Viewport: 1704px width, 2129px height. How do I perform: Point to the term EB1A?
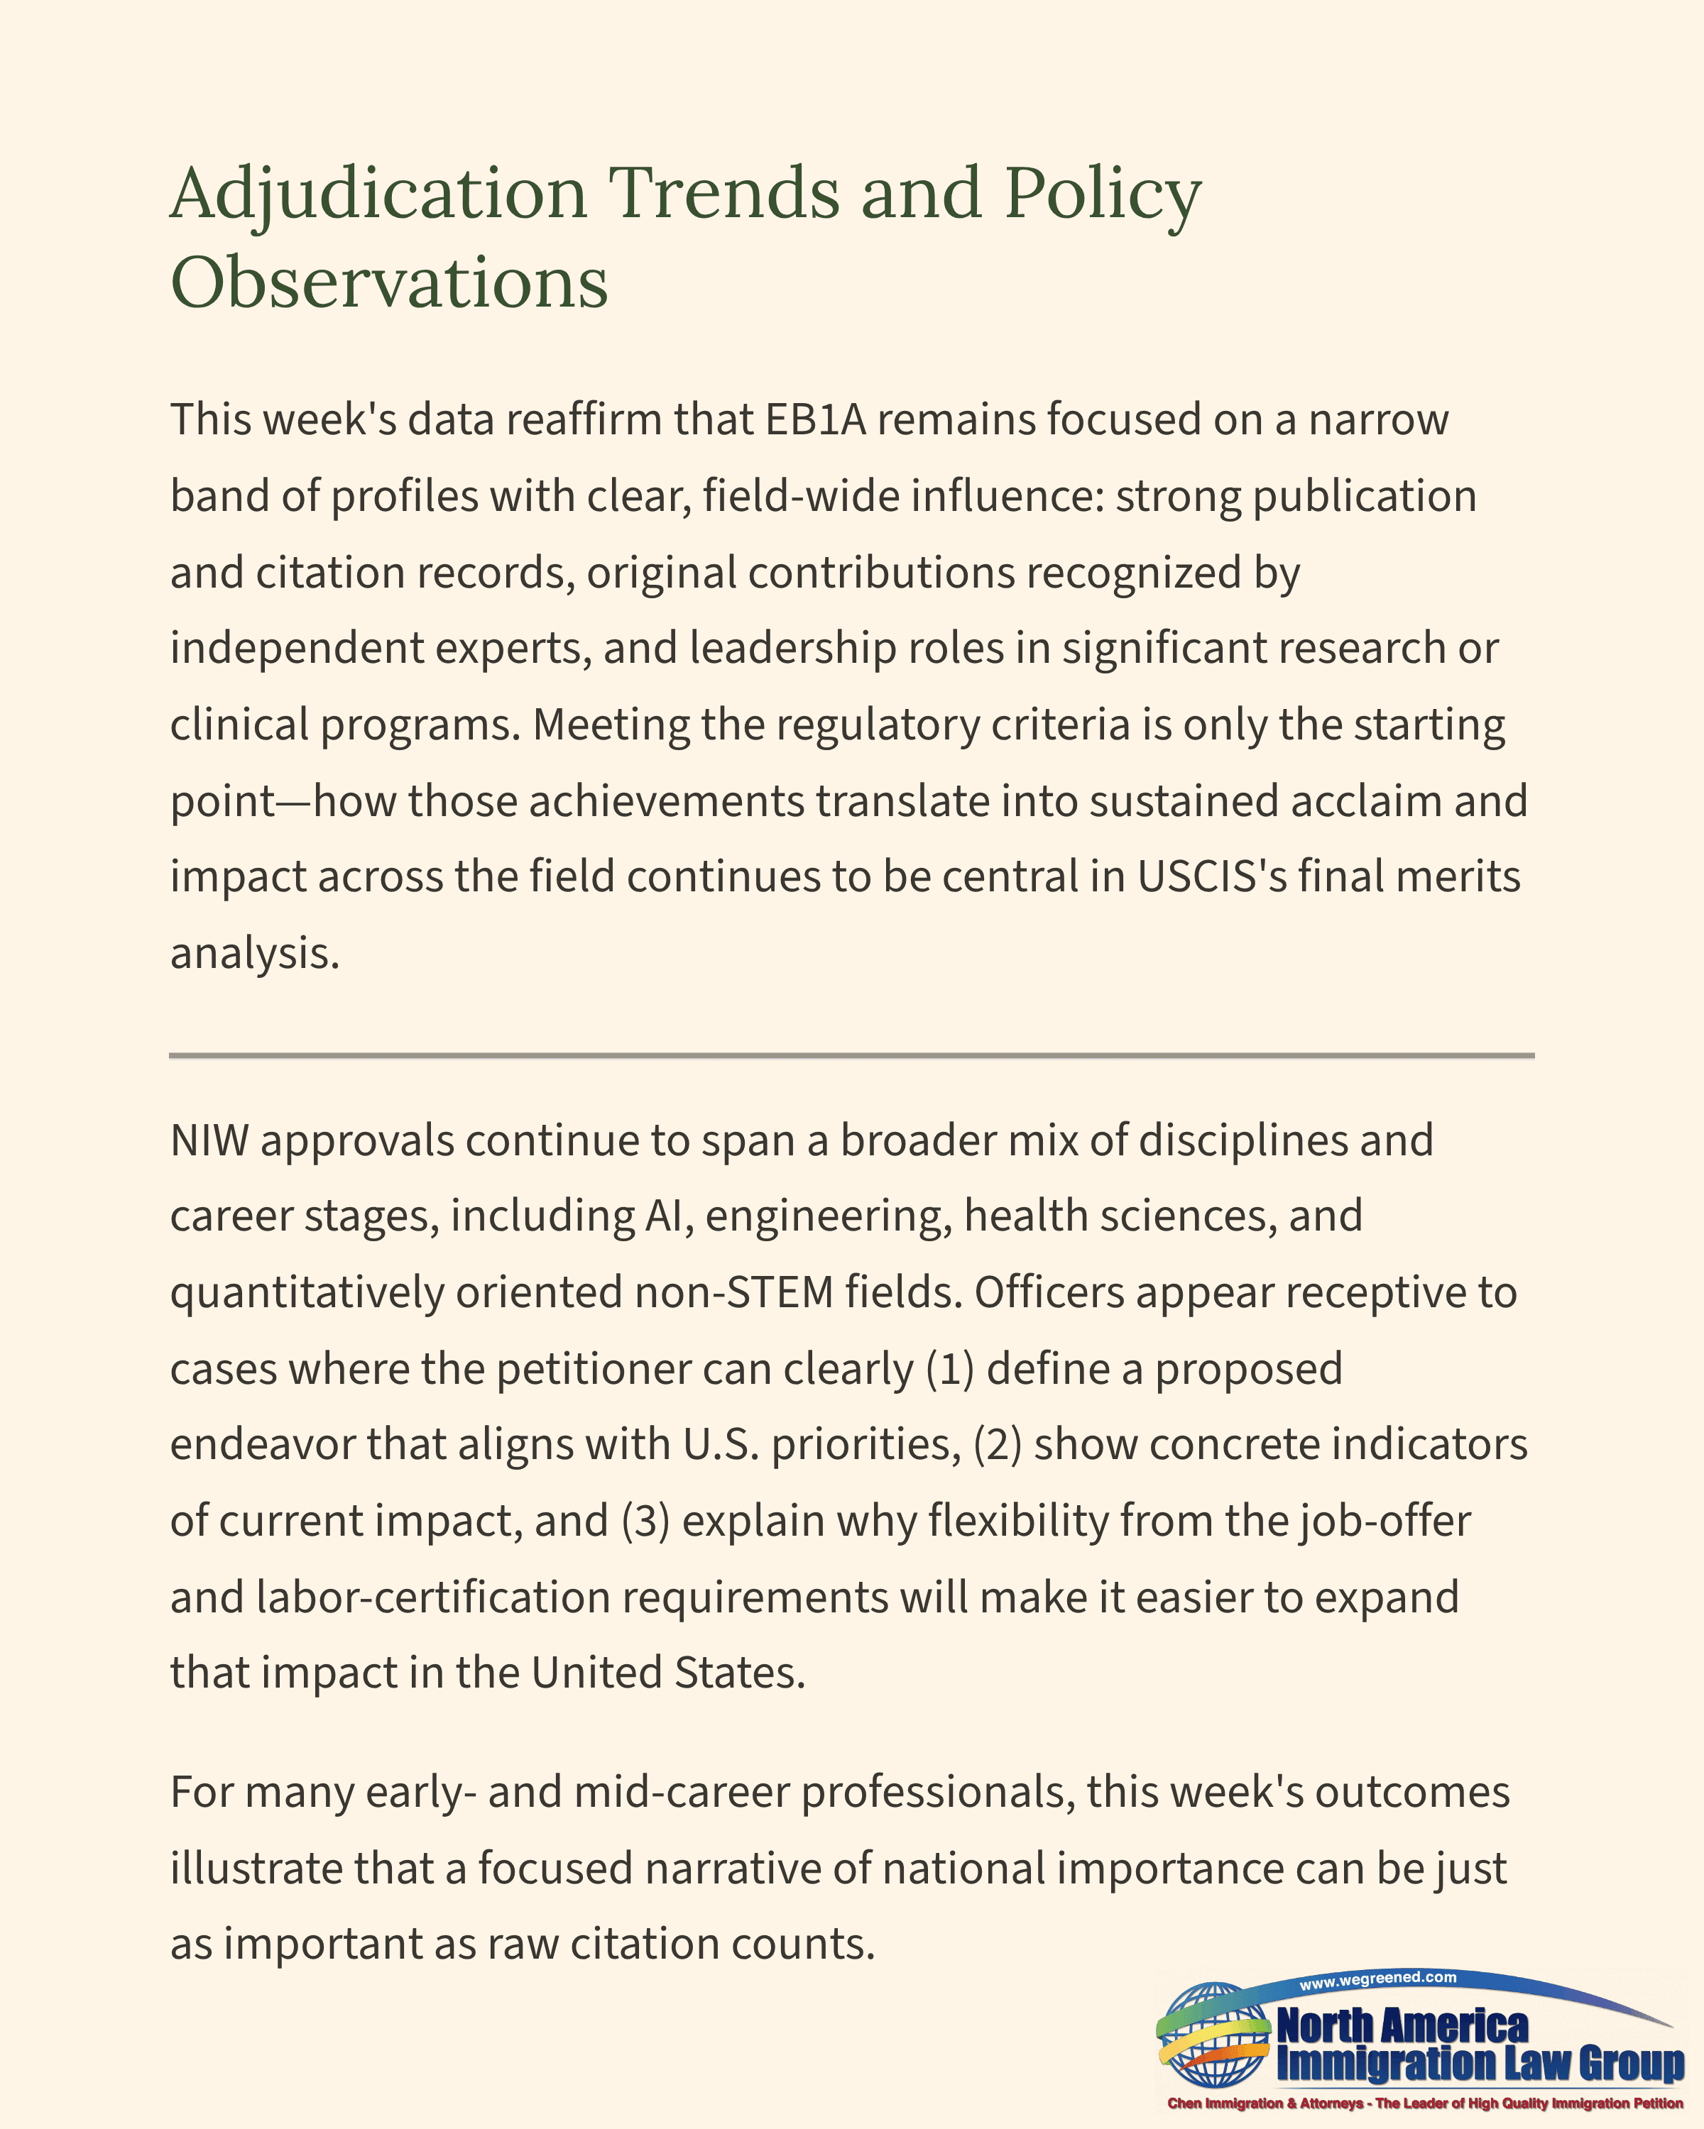pos(816,419)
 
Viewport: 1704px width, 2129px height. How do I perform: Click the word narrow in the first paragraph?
pos(1378,419)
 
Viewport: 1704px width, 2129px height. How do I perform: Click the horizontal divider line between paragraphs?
pos(851,1055)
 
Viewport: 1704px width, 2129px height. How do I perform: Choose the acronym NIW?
pos(209,1140)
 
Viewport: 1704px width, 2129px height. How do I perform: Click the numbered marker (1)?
pos(950,1369)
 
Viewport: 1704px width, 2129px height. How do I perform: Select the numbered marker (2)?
pos(998,1445)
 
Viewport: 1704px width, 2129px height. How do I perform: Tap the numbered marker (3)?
pos(646,1521)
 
